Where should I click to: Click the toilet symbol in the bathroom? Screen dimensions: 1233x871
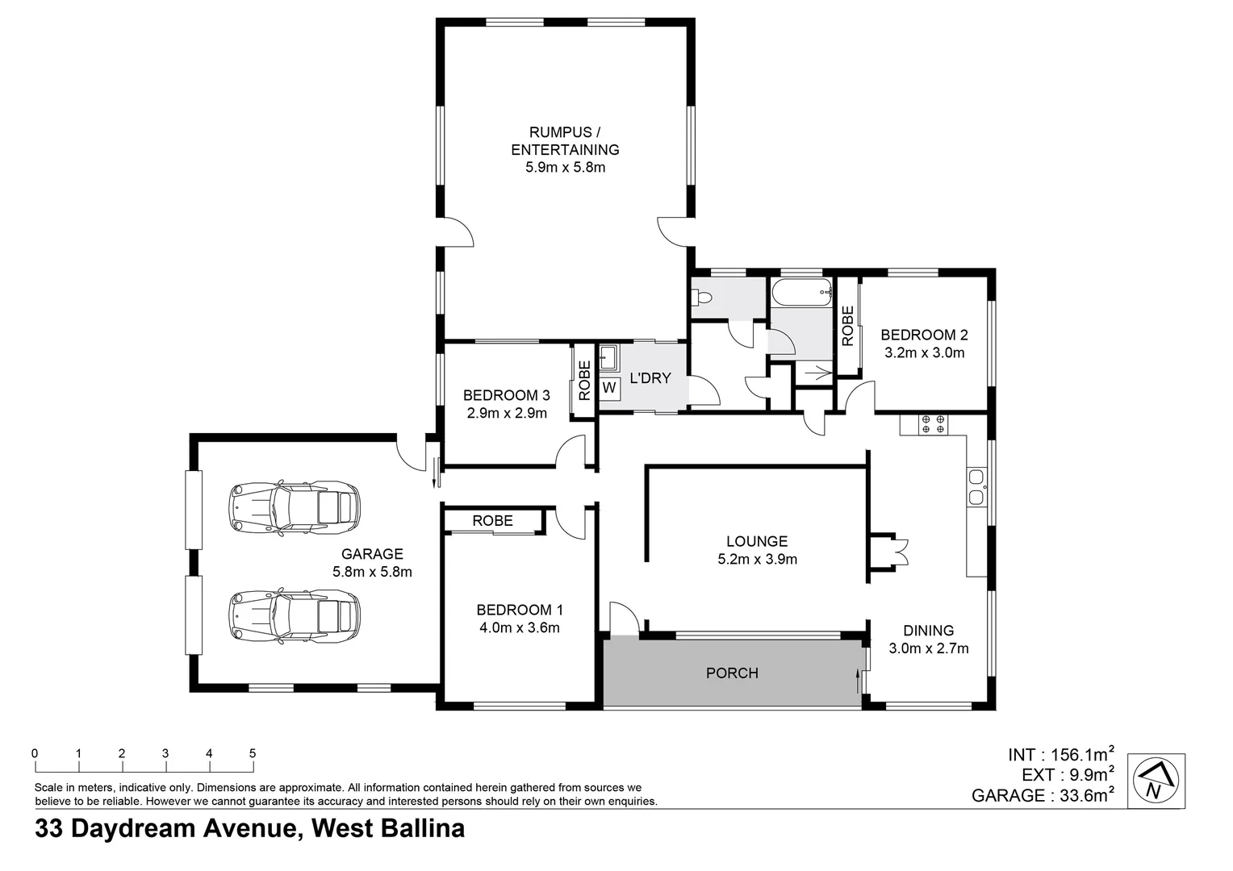(700, 298)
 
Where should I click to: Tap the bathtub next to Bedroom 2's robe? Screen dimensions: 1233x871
(800, 293)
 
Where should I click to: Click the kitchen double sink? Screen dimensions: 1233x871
(976, 486)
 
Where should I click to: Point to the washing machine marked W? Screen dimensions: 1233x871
(609, 388)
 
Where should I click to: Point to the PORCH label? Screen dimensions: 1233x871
(732, 673)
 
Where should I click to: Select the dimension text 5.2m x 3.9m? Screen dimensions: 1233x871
(757, 559)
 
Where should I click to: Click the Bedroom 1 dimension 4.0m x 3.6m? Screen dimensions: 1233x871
(519, 627)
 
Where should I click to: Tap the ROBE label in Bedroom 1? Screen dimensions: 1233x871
(492, 521)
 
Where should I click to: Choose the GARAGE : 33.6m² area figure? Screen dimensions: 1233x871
(1043, 796)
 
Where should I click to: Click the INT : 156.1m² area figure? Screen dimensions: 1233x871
(1060, 755)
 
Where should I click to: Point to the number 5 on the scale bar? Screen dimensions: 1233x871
(253, 753)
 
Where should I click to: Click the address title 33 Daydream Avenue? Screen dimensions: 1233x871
(249, 829)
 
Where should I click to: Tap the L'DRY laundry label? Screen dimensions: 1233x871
(650, 377)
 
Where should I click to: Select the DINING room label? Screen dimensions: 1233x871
(928, 631)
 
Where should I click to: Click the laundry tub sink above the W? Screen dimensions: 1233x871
(608, 355)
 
